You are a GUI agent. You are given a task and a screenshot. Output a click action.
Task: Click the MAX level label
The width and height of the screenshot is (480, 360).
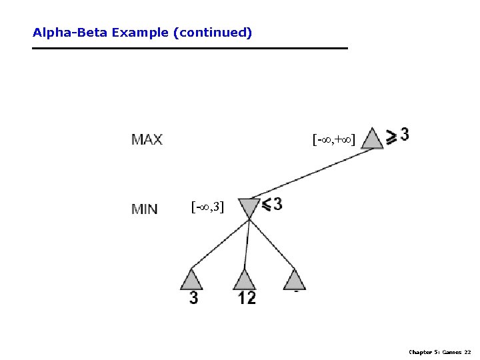click(x=147, y=140)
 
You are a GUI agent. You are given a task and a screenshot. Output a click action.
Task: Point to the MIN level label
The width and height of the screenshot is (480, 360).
click(x=145, y=209)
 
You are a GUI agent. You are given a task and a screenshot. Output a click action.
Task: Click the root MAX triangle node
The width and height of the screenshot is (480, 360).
click(x=373, y=139)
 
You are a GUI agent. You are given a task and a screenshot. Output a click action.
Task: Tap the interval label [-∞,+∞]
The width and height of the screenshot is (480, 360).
click(x=333, y=139)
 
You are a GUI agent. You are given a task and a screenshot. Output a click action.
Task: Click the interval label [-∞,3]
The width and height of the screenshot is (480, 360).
click(x=207, y=207)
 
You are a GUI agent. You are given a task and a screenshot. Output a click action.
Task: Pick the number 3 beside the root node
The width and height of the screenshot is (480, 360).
click(x=405, y=134)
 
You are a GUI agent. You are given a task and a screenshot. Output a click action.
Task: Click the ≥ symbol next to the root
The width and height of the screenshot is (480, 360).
click(x=392, y=136)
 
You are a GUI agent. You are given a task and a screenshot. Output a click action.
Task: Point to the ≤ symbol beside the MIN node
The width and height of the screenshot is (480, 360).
click(x=266, y=205)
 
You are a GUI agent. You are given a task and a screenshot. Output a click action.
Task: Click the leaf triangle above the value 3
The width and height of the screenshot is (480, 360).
click(x=191, y=279)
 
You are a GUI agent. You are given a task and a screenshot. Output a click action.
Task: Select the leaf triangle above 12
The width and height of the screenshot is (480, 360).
click(x=245, y=279)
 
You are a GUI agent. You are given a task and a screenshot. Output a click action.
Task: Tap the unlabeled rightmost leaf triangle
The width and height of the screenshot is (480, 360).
click(x=294, y=279)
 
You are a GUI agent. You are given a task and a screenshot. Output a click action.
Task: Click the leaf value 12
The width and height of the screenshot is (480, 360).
click(x=247, y=298)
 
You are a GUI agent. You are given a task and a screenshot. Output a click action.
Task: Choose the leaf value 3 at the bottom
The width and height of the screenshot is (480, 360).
click(x=193, y=298)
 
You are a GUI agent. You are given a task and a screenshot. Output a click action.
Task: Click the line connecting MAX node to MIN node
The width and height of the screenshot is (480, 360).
click(x=313, y=174)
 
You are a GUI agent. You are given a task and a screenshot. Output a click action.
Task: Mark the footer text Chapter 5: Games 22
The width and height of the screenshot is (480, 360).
click(x=440, y=351)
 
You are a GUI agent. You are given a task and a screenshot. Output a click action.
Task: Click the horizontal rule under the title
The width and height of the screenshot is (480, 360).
click(x=190, y=48)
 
